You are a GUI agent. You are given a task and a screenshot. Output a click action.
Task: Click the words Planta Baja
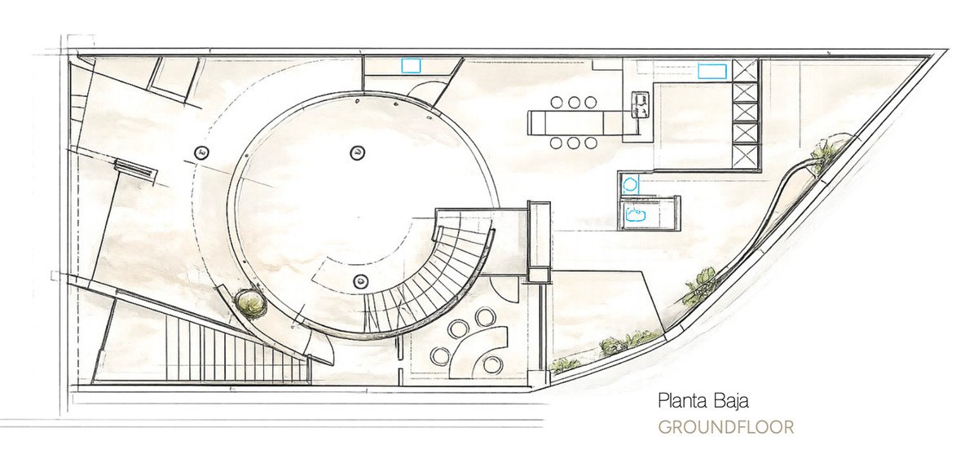point(703,400)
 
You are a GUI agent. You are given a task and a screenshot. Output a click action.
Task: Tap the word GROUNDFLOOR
point(726,428)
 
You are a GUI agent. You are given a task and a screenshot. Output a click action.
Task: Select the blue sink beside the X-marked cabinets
point(712,71)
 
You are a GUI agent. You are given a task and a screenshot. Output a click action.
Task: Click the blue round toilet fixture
point(629,185)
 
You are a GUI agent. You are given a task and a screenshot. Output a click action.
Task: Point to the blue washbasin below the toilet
point(636,215)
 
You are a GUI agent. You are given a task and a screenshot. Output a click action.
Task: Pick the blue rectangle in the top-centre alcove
point(412,66)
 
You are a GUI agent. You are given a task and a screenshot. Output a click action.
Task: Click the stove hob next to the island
point(641,105)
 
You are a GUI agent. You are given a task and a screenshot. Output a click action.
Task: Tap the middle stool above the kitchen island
point(574,103)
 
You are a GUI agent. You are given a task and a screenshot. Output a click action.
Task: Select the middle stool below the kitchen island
point(574,143)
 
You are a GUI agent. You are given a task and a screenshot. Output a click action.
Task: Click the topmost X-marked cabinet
point(745,71)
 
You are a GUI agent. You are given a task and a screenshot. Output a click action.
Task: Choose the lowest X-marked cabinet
point(745,155)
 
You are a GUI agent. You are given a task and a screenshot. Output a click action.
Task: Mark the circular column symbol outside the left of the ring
point(201,152)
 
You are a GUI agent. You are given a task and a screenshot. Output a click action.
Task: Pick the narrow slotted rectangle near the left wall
point(134,168)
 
